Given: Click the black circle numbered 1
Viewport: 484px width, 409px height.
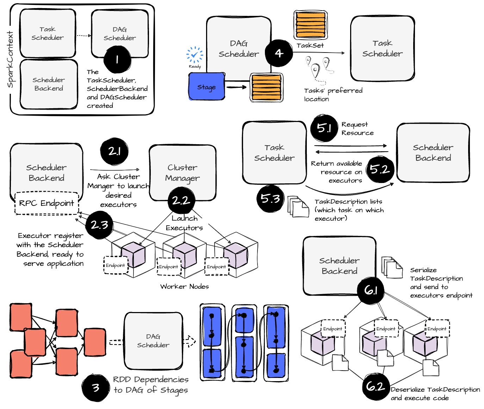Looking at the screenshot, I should tap(117, 59).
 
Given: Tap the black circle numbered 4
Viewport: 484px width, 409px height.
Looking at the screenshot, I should tap(279, 53).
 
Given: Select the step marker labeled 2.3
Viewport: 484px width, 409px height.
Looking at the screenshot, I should tap(99, 225).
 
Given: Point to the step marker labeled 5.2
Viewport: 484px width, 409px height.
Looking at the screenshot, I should tap(380, 169).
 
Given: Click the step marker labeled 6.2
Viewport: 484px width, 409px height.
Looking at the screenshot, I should tap(376, 386).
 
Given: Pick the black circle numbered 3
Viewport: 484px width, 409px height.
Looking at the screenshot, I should tap(95, 388).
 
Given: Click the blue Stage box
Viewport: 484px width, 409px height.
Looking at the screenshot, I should tap(206, 87).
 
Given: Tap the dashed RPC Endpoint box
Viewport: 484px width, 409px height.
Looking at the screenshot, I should tap(46, 203).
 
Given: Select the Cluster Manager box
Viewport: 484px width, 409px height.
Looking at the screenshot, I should tap(182, 172).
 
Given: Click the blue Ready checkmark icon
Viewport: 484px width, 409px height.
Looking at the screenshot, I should tap(194, 55).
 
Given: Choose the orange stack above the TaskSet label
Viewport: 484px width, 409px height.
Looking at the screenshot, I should tap(310, 25).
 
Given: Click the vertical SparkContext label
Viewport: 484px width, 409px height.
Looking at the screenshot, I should tap(10, 59).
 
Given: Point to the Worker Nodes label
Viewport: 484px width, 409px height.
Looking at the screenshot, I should tap(184, 286).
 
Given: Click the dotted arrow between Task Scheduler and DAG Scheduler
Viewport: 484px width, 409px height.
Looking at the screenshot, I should tap(84, 35).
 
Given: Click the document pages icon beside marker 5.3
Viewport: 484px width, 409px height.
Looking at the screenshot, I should tap(298, 207).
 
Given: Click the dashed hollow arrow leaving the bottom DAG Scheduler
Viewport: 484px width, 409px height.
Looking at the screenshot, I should tap(189, 341).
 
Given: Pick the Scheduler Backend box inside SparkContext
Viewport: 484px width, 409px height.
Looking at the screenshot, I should tap(49, 84).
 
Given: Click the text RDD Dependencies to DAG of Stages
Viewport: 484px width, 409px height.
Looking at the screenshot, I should tap(151, 385).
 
